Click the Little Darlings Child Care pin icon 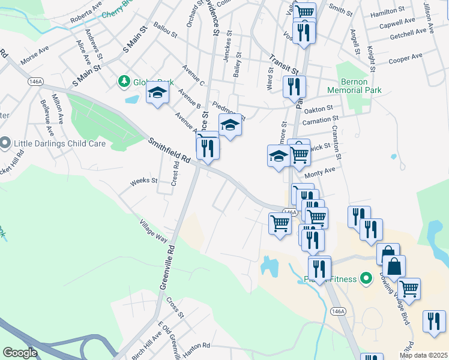tap(5, 143)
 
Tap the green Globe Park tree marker tap(124, 80)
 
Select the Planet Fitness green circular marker tap(364, 278)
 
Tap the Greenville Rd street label tap(167, 268)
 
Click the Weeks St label tap(143, 180)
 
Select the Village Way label tap(153, 230)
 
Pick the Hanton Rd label tap(198, 346)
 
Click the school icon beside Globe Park tap(158, 93)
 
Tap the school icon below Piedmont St tap(230, 125)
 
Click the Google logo tap(20, 353)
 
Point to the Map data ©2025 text tap(423, 355)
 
